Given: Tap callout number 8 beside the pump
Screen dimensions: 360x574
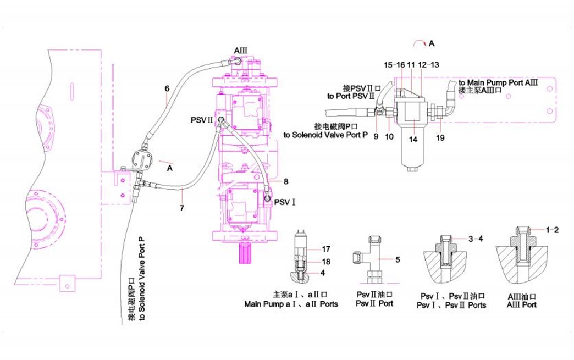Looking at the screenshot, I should pyautogui.click(x=286, y=181).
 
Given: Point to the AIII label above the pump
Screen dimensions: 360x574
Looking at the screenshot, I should pyautogui.click(x=241, y=51).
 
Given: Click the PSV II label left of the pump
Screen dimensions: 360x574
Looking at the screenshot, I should pyautogui.click(x=202, y=119).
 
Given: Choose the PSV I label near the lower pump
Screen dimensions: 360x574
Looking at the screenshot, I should pyautogui.click(x=286, y=203).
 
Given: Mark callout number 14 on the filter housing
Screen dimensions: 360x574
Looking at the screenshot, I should pyautogui.click(x=413, y=139).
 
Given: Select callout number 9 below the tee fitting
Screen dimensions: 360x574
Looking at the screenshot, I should pyautogui.click(x=376, y=136).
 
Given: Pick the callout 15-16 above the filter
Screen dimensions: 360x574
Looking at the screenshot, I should pyautogui.click(x=394, y=65).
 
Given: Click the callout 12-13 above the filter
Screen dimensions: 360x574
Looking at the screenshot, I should pyautogui.click(x=428, y=65).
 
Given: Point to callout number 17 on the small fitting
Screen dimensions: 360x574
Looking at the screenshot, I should pyautogui.click(x=325, y=248).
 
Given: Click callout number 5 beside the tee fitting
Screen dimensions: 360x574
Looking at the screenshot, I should pyautogui.click(x=398, y=259).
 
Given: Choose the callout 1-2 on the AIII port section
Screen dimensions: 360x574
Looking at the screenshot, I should pyautogui.click(x=552, y=230).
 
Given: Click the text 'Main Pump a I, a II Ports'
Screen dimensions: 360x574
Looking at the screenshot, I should pyautogui.click(x=291, y=304).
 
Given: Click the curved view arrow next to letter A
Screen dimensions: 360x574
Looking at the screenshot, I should pyautogui.click(x=421, y=43).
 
